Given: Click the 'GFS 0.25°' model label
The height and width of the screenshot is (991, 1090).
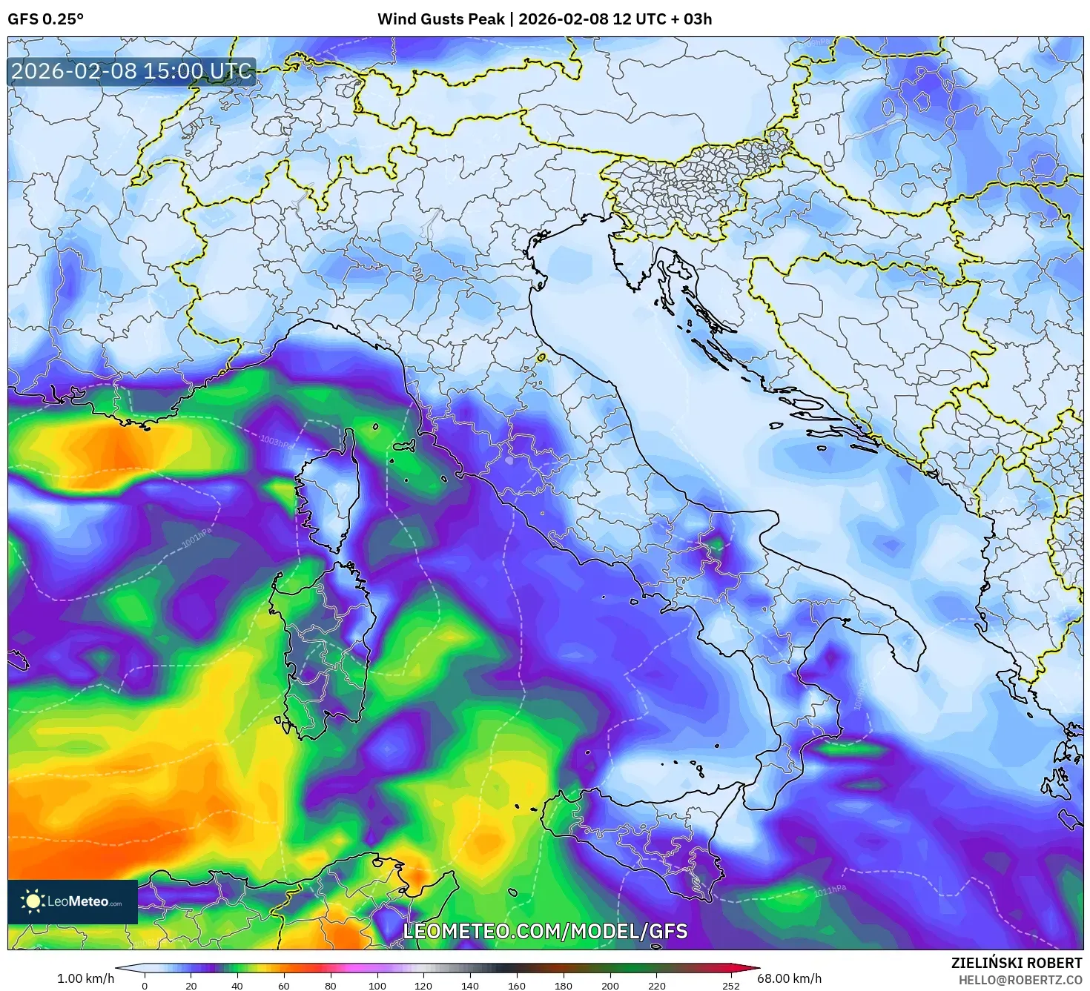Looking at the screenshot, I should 45,19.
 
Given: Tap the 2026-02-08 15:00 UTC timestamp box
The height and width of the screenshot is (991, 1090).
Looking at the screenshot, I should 132,71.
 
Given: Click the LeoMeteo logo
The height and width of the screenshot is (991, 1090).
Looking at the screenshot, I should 73,901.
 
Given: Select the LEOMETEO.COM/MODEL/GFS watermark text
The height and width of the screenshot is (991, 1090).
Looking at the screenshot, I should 545,931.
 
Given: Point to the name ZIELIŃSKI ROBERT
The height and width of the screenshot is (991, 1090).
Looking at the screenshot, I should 1017,963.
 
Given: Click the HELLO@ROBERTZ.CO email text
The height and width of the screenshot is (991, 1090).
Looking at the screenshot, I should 1018,979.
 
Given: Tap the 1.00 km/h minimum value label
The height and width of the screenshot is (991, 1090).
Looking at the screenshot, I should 85,978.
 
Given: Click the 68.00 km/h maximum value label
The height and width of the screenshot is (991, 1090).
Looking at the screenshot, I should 789,978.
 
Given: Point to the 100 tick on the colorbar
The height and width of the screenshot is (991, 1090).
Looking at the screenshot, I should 377,985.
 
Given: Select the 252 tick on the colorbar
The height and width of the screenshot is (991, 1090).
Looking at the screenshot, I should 731,985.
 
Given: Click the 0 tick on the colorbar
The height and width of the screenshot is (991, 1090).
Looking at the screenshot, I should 145,985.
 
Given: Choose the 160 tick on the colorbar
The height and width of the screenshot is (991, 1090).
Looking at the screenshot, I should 517,985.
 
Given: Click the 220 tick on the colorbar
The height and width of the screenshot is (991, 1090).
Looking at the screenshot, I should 656,985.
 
